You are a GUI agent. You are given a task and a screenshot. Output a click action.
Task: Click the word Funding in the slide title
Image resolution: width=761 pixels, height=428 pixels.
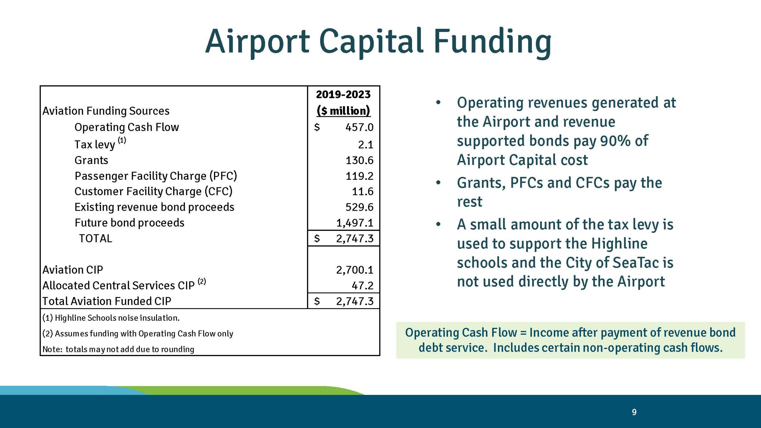click(492, 42)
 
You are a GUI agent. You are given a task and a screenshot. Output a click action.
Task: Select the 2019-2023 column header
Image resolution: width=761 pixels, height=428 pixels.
click(343, 95)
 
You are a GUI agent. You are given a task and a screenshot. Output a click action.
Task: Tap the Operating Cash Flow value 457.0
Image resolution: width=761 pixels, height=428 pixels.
click(359, 127)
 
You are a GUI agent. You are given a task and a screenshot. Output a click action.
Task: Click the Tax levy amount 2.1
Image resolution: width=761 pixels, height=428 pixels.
click(365, 145)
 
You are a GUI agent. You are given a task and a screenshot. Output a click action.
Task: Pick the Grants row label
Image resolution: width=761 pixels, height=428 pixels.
click(91, 160)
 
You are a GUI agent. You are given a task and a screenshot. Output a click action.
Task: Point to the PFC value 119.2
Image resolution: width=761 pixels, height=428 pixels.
click(359, 176)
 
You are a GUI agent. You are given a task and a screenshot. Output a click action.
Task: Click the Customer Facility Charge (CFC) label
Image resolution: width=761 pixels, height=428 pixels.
click(153, 191)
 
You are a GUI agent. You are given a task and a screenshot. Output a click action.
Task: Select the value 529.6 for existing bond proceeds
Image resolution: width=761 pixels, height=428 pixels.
click(359, 207)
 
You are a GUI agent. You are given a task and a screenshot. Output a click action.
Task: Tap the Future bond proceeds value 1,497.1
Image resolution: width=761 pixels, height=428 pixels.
click(355, 223)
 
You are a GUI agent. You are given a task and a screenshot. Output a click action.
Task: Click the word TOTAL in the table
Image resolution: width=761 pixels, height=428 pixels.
click(95, 239)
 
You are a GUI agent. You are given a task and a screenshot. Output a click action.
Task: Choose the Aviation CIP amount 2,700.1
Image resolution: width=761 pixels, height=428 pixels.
click(355, 270)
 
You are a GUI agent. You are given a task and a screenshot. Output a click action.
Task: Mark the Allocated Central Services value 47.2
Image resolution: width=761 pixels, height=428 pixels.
click(362, 286)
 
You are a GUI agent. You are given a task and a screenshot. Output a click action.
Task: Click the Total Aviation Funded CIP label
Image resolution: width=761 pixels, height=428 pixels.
click(107, 301)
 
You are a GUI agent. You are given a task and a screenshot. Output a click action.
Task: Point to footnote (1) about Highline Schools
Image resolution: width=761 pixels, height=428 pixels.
click(111, 318)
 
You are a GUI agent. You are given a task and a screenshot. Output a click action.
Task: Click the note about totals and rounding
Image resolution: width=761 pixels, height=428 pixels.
click(118, 349)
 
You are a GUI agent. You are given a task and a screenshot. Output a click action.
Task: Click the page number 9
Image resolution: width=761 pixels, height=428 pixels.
click(634, 412)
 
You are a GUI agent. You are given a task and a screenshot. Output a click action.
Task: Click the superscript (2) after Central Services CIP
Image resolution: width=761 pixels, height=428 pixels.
click(202, 281)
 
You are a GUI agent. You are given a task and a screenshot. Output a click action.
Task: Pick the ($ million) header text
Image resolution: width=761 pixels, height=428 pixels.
click(343, 111)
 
